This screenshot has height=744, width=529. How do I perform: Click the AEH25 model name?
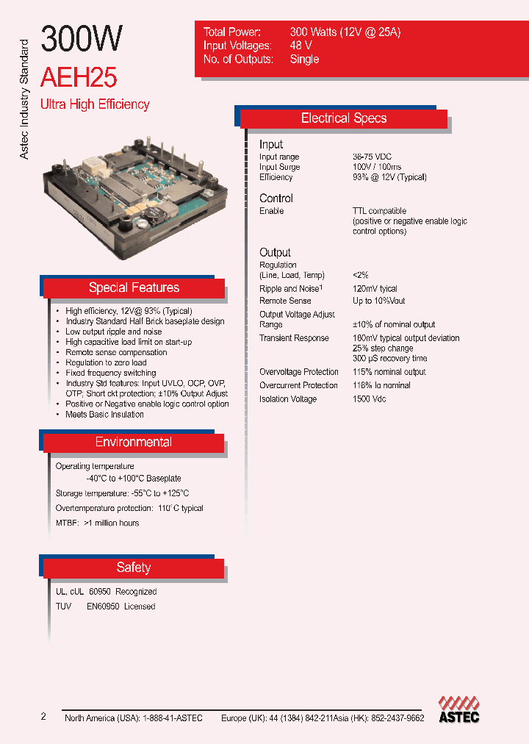click(x=79, y=78)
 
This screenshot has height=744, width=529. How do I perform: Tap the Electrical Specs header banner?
click(x=344, y=118)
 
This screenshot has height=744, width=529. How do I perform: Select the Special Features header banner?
click(x=134, y=287)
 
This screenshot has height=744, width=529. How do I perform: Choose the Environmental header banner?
click(x=134, y=442)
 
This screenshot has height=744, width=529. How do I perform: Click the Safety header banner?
click(x=134, y=568)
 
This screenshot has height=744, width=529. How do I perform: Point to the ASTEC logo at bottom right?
click(x=458, y=710)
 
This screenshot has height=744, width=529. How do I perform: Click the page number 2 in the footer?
click(x=43, y=717)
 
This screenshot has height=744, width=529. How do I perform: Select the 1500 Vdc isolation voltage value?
click(x=369, y=399)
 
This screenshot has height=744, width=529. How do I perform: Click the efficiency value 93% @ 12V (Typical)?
click(x=389, y=177)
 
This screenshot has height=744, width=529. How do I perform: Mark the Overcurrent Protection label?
click(x=298, y=385)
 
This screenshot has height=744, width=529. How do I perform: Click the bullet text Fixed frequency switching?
click(x=110, y=373)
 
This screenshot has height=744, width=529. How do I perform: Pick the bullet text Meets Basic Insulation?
click(x=104, y=415)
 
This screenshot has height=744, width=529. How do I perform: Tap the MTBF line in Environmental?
click(x=97, y=523)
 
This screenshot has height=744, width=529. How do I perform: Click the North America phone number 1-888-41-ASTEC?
click(x=165, y=718)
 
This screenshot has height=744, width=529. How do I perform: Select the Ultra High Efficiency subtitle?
click(x=95, y=104)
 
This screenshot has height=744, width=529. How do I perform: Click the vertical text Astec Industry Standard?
click(x=24, y=99)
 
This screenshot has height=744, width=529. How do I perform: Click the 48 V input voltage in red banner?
click(x=301, y=46)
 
